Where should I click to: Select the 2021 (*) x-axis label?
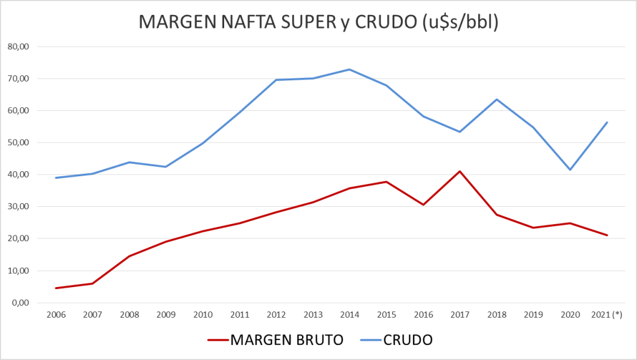pyautogui.click(x=606, y=316)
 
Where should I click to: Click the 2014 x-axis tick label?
pyautogui.click(x=349, y=316)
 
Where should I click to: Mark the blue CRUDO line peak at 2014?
pyautogui.click(x=349, y=69)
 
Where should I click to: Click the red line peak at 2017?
pyautogui.click(x=460, y=171)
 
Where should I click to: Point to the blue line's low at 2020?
pyautogui.click(x=570, y=169)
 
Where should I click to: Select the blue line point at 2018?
pyautogui.click(x=496, y=99)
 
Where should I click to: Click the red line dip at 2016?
pyautogui.click(x=423, y=204)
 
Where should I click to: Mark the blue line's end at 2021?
pyautogui.click(x=606, y=122)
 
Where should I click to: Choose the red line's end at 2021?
pyautogui.click(x=606, y=235)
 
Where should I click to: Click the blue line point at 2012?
pyautogui.click(x=276, y=80)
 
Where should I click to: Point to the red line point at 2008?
pyautogui.click(x=129, y=256)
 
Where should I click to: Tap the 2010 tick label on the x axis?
pyautogui.click(x=202, y=316)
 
